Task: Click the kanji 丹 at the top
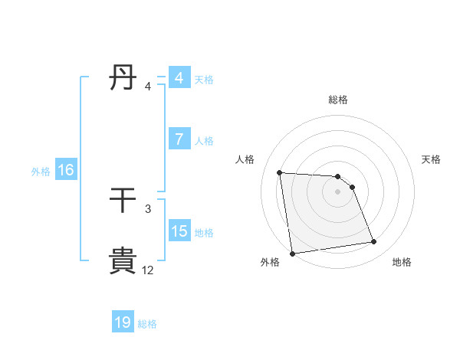pos(123,78)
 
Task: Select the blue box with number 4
pos(179,78)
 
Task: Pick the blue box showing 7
pos(179,139)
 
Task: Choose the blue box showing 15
pos(179,231)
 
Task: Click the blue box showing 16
pos(65,170)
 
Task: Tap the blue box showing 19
pos(123,322)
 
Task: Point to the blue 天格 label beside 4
pos(204,79)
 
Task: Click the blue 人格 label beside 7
pos(204,140)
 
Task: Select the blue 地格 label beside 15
pos(204,232)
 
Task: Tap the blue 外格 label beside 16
pos(41,171)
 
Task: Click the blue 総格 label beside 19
pos(147,323)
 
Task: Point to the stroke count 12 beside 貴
pos(147,270)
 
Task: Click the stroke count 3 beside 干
pos(148,208)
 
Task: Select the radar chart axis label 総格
pos(338,100)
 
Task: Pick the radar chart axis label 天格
pos(432,159)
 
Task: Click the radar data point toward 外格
pos(292,253)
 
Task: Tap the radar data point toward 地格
pos(374,242)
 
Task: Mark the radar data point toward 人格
pos(280,172)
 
